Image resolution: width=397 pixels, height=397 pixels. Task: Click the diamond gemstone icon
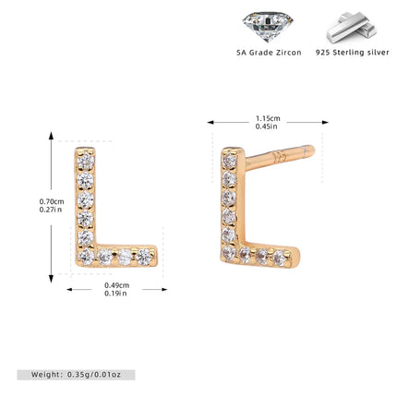coord(268,26)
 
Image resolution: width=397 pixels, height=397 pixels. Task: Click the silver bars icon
coord(352,27)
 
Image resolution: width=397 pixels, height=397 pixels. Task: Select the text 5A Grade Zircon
coord(269,53)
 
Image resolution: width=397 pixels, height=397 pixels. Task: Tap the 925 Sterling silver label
coord(353,53)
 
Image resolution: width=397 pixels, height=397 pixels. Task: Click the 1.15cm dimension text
coord(268,118)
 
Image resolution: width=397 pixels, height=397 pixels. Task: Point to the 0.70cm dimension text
coord(52,201)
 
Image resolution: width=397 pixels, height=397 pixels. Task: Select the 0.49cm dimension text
coord(116,285)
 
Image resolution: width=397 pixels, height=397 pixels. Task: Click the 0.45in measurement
coord(267,126)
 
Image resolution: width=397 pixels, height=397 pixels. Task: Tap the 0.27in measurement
coord(51,210)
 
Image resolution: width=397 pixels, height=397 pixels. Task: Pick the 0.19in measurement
coord(115,294)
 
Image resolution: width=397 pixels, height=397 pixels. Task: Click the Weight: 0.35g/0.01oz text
coord(76,375)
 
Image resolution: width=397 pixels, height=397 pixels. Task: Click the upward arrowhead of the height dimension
coord(52,135)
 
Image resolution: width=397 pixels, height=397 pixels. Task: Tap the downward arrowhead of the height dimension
coord(52,279)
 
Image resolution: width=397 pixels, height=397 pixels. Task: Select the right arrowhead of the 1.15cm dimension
coord(325,123)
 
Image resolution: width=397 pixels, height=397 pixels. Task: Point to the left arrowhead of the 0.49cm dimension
coord(70,289)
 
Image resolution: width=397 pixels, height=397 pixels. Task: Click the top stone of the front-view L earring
coord(86,160)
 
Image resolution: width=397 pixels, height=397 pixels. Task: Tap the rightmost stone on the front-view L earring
coord(144,256)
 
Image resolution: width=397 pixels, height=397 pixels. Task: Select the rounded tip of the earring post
coord(311,150)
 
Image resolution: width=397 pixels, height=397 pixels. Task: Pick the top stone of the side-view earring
coord(229,161)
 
